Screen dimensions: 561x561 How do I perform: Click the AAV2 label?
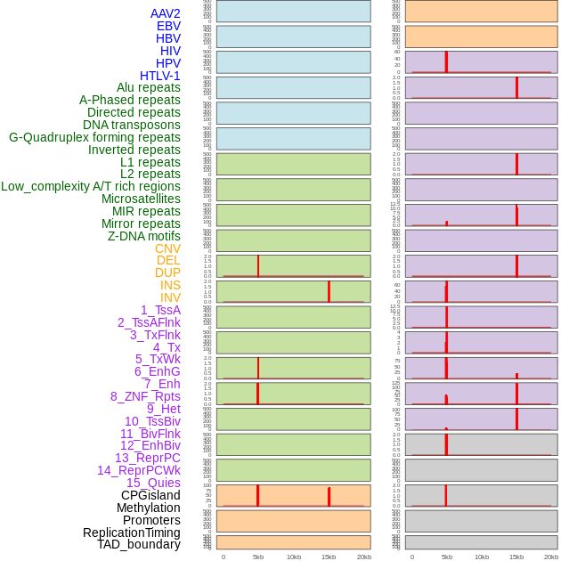[165, 13]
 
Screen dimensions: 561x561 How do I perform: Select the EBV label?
[168, 26]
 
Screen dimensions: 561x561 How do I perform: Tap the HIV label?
[170, 51]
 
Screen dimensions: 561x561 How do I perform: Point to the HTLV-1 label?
[159, 76]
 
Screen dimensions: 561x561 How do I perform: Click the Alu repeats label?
[148, 87]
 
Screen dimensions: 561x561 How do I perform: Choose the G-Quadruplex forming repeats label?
[94, 137]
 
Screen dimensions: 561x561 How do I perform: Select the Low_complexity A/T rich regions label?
[91, 186]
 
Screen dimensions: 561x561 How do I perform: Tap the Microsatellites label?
[141, 199]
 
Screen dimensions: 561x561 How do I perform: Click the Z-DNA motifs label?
[143, 236]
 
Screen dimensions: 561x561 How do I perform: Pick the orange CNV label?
[167, 248]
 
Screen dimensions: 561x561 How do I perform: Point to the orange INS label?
[170, 285]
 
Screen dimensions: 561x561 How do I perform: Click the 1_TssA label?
[160, 310]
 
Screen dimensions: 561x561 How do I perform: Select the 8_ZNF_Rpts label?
[145, 396]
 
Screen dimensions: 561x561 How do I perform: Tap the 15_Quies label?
[153, 483]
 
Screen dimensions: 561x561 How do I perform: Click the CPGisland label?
[150, 495]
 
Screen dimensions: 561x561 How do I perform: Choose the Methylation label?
[148, 508]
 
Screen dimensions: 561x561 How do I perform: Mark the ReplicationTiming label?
[131, 533]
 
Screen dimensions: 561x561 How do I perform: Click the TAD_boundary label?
[138, 544]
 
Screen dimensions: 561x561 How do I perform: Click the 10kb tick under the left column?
[294, 557]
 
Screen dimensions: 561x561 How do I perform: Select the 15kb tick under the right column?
[516, 557]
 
